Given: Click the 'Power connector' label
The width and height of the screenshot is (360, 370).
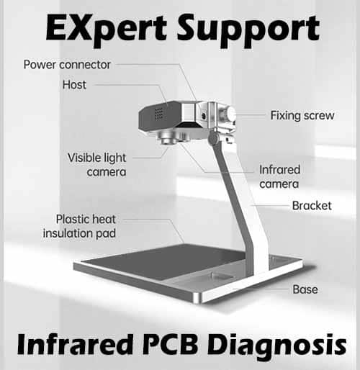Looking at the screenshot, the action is (x=67, y=65).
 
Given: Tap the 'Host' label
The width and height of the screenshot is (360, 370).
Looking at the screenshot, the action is (x=74, y=85).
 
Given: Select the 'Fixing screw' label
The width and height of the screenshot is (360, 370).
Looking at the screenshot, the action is (x=302, y=115).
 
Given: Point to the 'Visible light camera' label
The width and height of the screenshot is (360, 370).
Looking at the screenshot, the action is (x=96, y=165).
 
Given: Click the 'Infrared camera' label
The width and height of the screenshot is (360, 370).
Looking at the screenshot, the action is (x=279, y=177).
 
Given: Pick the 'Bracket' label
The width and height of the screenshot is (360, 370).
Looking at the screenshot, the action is (x=312, y=206).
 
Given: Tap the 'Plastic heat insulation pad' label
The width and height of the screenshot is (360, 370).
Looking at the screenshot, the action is (x=79, y=226).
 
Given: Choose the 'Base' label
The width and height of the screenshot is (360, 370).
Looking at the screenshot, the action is (x=305, y=289).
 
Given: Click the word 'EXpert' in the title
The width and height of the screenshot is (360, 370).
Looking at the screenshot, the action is (x=106, y=29).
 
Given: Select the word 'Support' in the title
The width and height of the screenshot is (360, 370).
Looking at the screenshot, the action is (x=248, y=30).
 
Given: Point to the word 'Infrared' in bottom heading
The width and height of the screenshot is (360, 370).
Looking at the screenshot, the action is (x=75, y=345).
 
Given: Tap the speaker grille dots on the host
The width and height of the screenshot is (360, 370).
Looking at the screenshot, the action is (x=159, y=114).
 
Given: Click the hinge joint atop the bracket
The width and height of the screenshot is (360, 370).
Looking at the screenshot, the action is (x=213, y=138).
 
